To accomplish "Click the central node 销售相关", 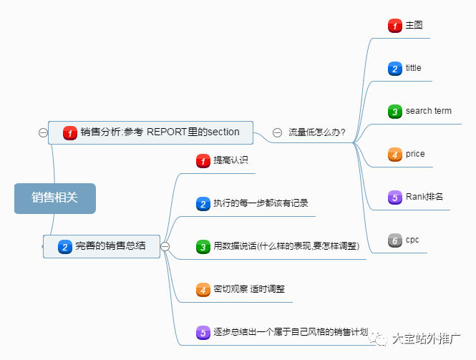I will coord(54,198).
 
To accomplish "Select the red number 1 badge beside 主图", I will coord(395,26).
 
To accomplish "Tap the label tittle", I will coord(413,69).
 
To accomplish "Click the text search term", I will coord(428,111).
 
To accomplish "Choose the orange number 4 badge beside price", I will coord(395,154).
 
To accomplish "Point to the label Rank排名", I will coord(424,197).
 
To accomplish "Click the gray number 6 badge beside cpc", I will coord(395,240).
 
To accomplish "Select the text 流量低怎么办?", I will coord(317,132).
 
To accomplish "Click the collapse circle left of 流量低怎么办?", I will coord(277,132).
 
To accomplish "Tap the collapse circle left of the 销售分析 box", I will coord(43,132).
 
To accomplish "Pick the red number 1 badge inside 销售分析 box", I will coord(69,132).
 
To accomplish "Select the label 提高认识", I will coord(230,160).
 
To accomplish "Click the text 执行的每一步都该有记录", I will coord(261,203).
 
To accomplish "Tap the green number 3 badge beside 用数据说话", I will coord(203,247).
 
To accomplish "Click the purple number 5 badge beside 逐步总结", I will coord(203,333).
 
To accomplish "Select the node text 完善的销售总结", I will coord(110,246).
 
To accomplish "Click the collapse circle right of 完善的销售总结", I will coord(165,246).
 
